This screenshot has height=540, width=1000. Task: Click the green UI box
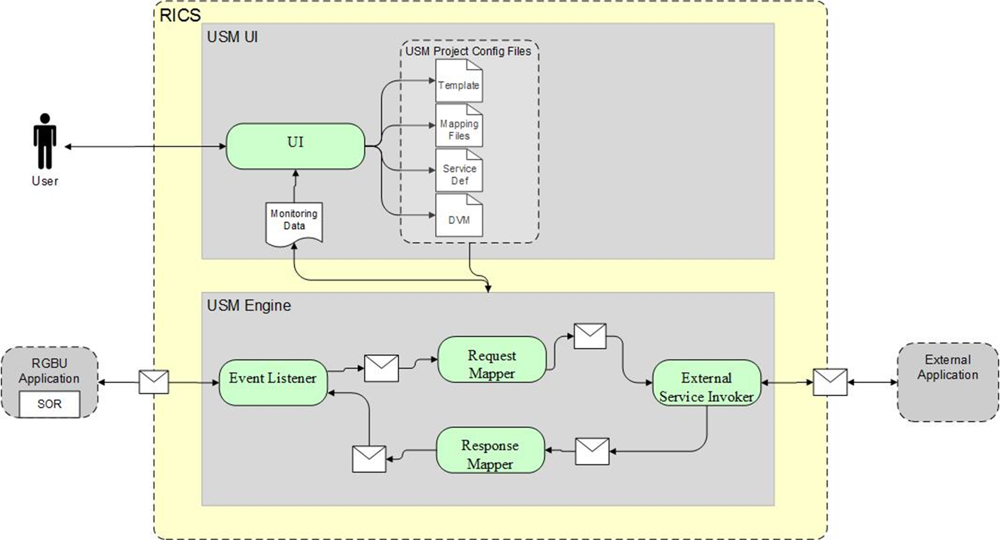click(x=295, y=146)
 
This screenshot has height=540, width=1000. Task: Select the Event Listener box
click(x=273, y=382)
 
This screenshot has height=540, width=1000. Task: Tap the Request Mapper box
click(x=492, y=359)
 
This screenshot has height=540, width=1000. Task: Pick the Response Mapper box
click(x=490, y=450)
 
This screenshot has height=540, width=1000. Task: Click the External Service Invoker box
click(x=707, y=383)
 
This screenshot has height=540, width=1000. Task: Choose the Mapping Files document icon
click(x=459, y=126)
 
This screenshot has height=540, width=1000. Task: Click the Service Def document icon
click(x=459, y=171)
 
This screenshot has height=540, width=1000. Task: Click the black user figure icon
click(x=45, y=141)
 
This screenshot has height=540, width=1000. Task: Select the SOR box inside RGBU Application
click(x=49, y=404)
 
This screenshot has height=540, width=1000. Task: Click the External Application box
click(x=948, y=382)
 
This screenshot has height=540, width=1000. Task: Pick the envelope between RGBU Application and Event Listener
click(x=154, y=382)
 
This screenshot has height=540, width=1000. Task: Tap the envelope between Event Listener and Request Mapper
click(x=381, y=368)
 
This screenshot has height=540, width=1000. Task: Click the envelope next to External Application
click(x=830, y=382)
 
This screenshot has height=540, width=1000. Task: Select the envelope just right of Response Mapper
click(x=592, y=452)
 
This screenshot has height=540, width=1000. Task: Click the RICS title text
click(x=180, y=16)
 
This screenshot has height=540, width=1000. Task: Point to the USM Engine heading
click(x=249, y=306)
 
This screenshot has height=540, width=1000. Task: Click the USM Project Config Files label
click(x=468, y=51)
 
